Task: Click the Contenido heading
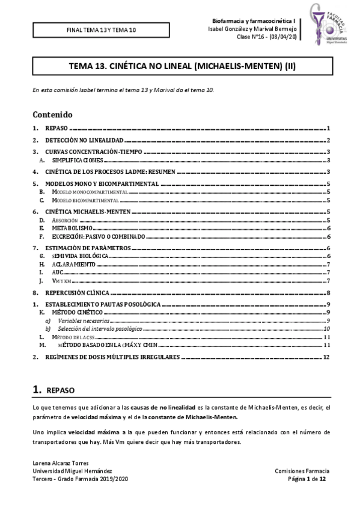52,114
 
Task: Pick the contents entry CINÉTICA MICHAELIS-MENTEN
88,212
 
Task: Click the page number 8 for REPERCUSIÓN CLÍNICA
328,292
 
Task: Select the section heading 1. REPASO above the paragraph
53,390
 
